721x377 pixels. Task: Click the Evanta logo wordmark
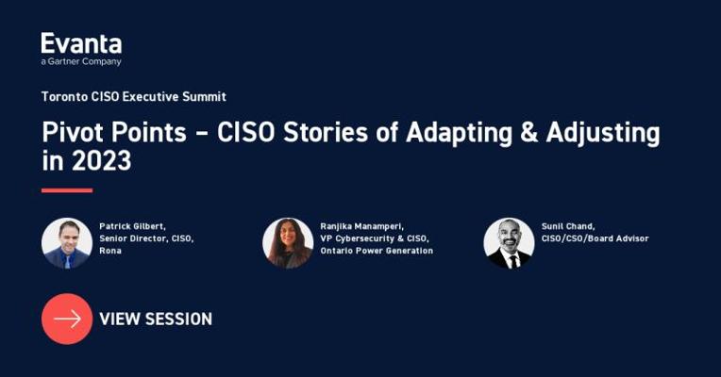81,43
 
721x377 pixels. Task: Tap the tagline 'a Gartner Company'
81,61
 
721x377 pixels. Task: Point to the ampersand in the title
528,132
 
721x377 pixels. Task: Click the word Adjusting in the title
603,134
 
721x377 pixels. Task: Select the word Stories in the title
326,132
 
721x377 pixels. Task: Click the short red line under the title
67,190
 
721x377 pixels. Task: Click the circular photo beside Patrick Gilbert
67,243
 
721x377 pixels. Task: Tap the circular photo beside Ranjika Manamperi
288,243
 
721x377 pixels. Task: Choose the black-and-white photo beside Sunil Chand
509,243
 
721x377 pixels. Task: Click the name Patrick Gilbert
132,226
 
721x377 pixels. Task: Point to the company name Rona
110,251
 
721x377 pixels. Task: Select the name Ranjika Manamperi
361,226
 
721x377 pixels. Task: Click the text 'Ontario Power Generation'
377,251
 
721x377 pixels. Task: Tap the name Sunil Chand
568,226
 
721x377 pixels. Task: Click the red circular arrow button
67,319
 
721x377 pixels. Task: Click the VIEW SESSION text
156,320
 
